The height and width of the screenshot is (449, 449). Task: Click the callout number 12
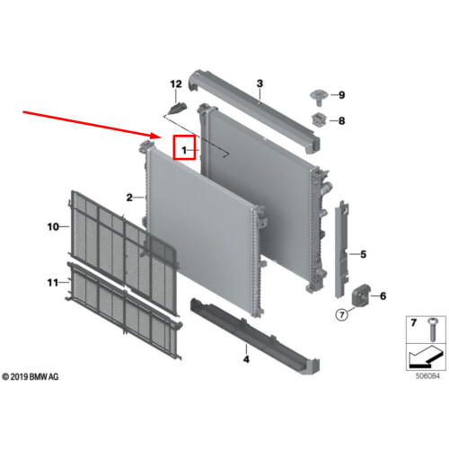click(x=176, y=84)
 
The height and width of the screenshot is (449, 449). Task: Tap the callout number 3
click(x=260, y=84)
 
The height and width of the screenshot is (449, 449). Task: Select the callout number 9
click(x=342, y=95)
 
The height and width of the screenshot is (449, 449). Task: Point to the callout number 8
click(x=342, y=121)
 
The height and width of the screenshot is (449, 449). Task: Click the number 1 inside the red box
click(x=184, y=150)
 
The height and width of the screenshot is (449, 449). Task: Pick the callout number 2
click(x=129, y=198)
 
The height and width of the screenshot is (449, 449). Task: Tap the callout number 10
click(x=53, y=227)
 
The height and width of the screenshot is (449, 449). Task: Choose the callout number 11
click(x=53, y=282)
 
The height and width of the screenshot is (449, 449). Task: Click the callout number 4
click(x=246, y=359)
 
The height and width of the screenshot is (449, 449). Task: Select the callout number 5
click(x=363, y=254)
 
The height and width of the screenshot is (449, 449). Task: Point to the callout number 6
click(x=383, y=296)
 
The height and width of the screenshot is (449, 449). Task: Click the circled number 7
click(x=342, y=314)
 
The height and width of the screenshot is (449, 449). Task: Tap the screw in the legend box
click(x=432, y=330)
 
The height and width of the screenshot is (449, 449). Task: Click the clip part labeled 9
click(x=318, y=97)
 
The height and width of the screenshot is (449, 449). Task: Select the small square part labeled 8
click(x=318, y=119)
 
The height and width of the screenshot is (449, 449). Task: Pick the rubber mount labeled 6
click(x=361, y=295)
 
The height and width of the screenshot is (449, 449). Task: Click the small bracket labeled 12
click(x=178, y=108)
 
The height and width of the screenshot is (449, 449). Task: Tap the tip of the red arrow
click(x=162, y=137)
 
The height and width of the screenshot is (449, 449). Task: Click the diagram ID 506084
click(x=427, y=376)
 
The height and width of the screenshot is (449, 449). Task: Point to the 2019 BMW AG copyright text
click(x=31, y=376)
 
